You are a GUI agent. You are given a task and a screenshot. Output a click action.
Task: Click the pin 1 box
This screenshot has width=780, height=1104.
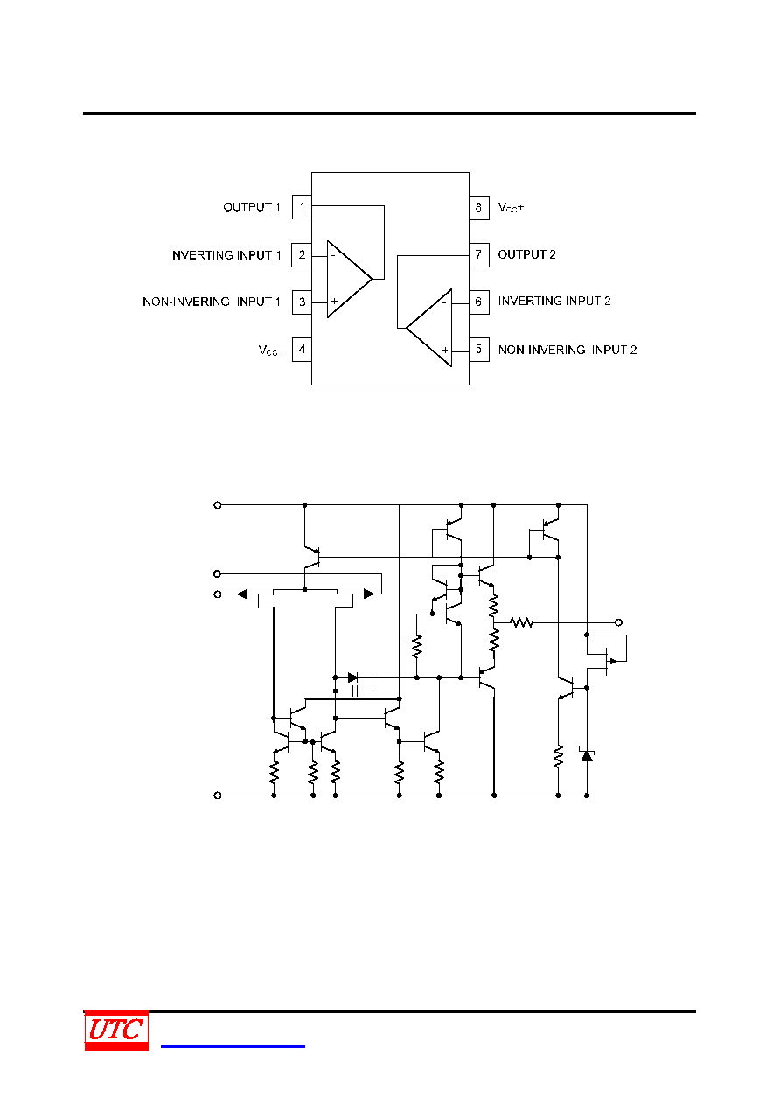coord(302,207)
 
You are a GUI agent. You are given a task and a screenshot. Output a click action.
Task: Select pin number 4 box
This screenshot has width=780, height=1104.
coord(302,350)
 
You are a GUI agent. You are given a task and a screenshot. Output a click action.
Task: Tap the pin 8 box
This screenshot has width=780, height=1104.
coord(478,207)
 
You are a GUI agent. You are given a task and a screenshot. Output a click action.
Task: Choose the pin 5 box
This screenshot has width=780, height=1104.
coord(478,350)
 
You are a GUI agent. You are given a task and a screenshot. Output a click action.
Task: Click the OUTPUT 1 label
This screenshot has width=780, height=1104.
coord(252,207)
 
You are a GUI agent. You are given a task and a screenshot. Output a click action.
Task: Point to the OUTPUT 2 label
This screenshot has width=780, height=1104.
coord(526,255)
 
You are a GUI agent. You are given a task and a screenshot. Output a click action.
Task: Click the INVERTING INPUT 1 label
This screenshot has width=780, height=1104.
coord(225,255)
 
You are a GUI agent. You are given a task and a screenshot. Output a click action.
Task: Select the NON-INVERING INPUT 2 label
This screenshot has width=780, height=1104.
coord(568,350)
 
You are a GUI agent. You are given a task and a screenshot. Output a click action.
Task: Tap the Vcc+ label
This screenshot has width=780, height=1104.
coord(511,207)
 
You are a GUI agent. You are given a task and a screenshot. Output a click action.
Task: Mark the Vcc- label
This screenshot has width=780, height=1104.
coord(269,351)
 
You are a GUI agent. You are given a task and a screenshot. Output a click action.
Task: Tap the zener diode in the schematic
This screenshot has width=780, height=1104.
coord(587,755)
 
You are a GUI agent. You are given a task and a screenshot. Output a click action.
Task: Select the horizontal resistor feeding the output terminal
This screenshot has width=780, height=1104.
coord(521,622)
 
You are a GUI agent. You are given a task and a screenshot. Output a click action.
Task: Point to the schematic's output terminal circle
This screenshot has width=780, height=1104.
coord(618,622)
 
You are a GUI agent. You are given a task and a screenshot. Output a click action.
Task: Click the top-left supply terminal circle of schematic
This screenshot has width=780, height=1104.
coord(218,505)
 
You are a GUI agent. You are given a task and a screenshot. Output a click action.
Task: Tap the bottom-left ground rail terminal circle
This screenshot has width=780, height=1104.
coord(218,795)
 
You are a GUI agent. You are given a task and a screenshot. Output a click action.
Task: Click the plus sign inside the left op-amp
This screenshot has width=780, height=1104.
coord(334,302)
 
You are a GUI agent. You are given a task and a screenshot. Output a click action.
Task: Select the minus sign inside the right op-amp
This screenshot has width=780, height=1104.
coord(444,302)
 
